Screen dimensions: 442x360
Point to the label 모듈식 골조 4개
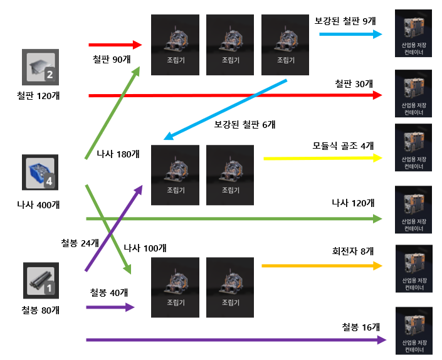tap(343, 146)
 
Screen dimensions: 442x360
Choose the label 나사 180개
tap(118, 154)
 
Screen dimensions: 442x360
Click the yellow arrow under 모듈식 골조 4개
tap(323, 158)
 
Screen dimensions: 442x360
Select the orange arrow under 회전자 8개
tap(322, 266)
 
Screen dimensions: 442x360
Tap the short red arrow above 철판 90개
tap(116, 45)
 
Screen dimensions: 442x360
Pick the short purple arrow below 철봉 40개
tap(111, 307)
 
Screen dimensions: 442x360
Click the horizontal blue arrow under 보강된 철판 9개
tap(351, 34)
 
